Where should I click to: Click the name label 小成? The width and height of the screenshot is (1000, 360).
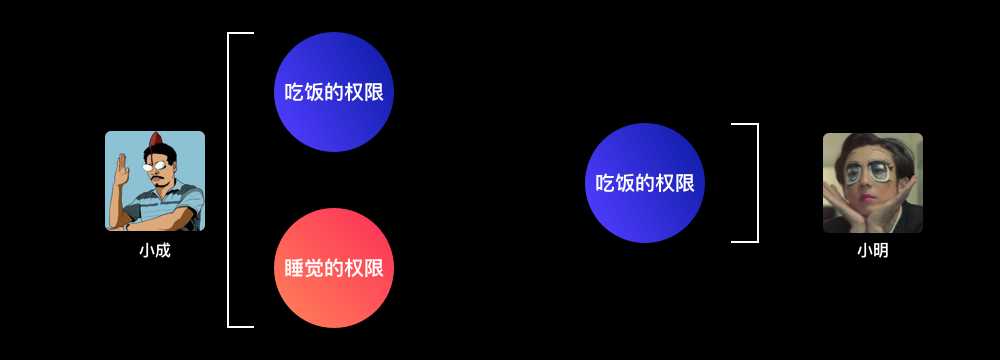tap(155, 251)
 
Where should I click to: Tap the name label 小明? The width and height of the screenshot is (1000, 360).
tap(872, 251)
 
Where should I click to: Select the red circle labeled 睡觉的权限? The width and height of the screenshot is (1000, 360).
tap(334, 268)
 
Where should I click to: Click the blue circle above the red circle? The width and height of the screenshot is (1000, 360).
tap(334, 92)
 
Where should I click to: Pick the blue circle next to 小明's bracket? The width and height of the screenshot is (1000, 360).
tap(645, 183)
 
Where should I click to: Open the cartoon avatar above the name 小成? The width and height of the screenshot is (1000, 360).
tap(155, 181)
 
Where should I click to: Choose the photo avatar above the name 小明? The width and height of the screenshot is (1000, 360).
tap(872, 183)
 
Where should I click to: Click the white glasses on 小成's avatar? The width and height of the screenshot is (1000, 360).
tap(154, 167)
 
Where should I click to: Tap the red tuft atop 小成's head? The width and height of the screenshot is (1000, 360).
tap(155, 140)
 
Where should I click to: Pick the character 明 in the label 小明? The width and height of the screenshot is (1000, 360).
tap(881, 251)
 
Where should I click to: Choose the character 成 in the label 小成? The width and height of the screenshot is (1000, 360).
tap(163, 251)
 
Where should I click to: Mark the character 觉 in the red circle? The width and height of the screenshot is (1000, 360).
tap(314, 269)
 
